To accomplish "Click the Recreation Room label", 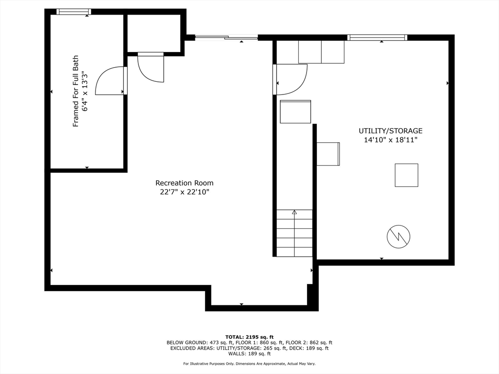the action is [184, 183].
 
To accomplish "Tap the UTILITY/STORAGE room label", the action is [390, 131].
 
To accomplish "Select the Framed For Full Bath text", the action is [76, 91].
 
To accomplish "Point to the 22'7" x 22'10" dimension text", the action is [184, 192].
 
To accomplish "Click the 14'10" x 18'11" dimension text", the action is [390, 140].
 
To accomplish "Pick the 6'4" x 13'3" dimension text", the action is [85, 91].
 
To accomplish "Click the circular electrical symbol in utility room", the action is [399, 237].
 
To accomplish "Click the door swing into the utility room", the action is [300, 85].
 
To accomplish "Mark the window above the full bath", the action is [74, 12].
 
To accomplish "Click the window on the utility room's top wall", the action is [377, 37].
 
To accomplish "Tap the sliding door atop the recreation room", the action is [226, 37].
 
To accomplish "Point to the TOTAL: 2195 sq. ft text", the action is [249, 337].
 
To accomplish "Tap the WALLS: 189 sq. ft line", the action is [249, 354].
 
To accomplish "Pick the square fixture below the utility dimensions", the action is [406, 175].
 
